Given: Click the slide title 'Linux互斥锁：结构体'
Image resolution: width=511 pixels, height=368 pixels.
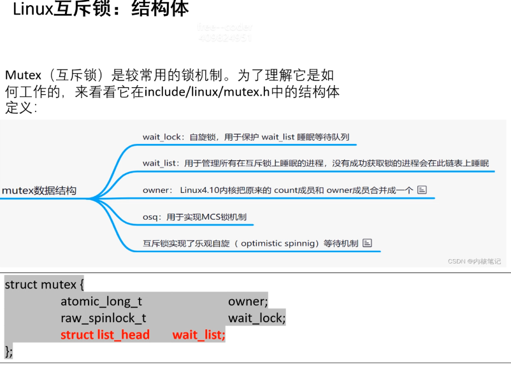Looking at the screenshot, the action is pyautogui.click(x=101, y=10).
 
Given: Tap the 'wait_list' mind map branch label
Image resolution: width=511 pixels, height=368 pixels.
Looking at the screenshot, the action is pyautogui.click(x=161, y=163).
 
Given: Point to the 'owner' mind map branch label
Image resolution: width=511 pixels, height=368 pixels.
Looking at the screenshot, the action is pyautogui.click(x=157, y=190).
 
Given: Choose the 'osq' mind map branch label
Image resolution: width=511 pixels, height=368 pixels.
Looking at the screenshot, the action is pyautogui.click(x=151, y=216).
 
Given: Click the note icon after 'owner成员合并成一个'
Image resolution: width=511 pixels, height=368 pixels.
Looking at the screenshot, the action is pyautogui.click(x=421, y=190).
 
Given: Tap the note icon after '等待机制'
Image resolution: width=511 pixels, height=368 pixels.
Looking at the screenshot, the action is pyautogui.click(x=367, y=243).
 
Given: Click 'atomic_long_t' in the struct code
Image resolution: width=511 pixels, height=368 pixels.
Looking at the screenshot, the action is pyautogui.click(x=101, y=301).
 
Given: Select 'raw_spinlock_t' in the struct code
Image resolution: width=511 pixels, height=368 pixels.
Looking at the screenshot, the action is pyautogui.click(x=104, y=318).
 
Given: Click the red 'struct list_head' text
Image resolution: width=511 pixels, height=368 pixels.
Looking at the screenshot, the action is pyautogui.click(x=105, y=334).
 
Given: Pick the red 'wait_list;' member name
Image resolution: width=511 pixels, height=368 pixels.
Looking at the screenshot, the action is pyautogui.click(x=199, y=334).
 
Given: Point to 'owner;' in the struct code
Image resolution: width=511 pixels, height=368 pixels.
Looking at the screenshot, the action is pyautogui.click(x=248, y=301).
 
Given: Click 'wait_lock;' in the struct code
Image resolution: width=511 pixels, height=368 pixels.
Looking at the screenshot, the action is pyautogui.click(x=257, y=318).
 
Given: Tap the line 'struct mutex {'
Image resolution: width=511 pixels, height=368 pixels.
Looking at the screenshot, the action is pyautogui.click(x=44, y=285).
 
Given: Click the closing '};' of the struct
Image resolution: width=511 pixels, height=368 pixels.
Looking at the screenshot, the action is pyautogui.click(x=8, y=351).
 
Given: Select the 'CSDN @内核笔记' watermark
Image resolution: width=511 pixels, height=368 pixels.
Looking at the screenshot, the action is pyautogui.click(x=474, y=261).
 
